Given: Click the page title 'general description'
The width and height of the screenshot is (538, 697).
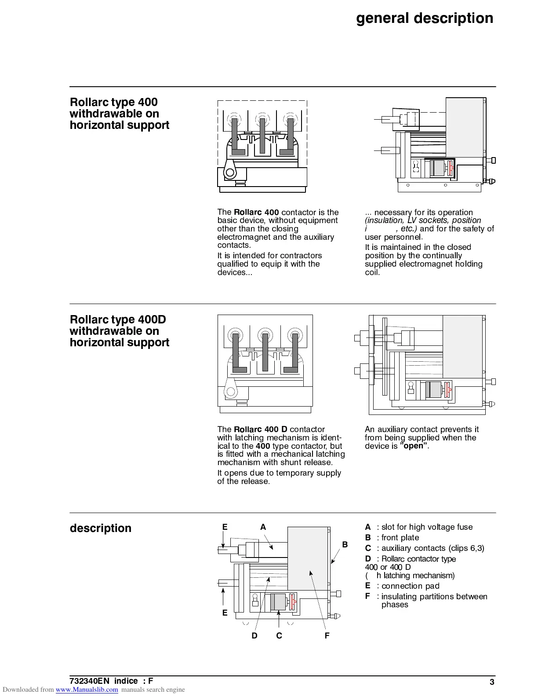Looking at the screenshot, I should (424, 18).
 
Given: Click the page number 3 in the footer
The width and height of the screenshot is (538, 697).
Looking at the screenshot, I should (492, 682).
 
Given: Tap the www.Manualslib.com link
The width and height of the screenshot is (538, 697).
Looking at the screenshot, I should (87, 690).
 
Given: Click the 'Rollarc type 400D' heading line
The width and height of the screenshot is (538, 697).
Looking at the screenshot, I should (118, 319).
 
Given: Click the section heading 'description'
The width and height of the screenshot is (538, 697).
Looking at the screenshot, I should (100, 528).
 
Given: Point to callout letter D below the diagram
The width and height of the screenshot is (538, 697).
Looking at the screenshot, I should (254, 635).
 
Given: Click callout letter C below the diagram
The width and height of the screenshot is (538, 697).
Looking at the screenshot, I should (279, 635).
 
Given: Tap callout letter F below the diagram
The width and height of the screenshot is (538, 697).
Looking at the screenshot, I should (327, 635).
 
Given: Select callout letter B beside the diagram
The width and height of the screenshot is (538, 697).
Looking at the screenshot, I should (345, 544).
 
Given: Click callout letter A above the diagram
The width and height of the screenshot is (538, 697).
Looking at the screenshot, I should (263, 527).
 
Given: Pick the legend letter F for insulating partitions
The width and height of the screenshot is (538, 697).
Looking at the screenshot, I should (367, 596).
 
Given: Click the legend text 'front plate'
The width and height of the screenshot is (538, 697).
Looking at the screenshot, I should (400, 538).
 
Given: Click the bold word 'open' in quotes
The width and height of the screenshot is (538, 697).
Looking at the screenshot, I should (414, 446).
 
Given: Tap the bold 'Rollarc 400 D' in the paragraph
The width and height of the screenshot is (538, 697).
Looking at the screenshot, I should (261, 429).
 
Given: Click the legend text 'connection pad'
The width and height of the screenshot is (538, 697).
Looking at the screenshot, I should (410, 586).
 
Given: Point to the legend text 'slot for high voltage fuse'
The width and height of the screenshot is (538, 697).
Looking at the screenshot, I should (427, 527).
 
